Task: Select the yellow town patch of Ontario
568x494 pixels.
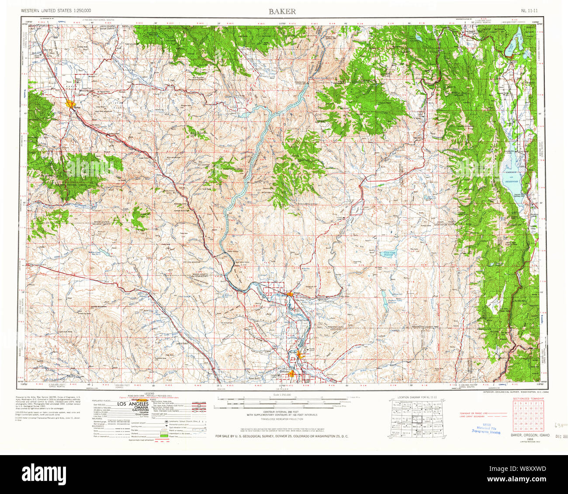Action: pyautogui.click(x=291, y=373)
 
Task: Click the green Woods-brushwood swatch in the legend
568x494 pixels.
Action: pyautogui.click(x=164, y=436)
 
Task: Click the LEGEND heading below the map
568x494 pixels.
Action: pyautogui.click(x=143, y=394)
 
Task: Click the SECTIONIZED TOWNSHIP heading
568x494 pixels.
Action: pyautogui.click(x=528, y=399)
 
